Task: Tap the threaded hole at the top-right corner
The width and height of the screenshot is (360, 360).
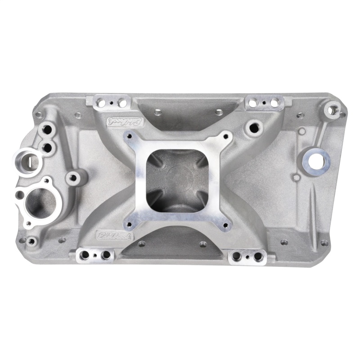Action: [333, 108]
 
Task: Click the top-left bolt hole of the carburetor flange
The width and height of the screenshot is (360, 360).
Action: [130, 136]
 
